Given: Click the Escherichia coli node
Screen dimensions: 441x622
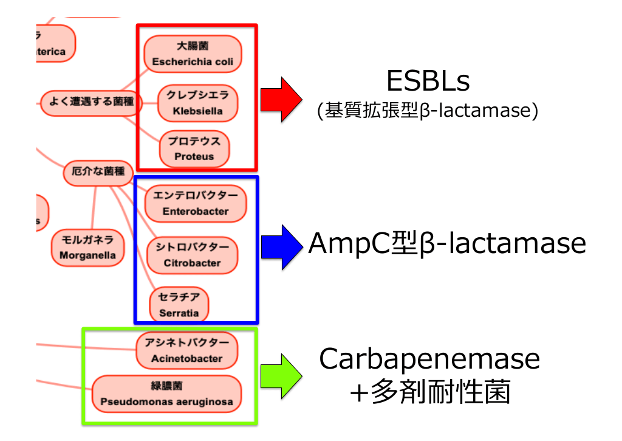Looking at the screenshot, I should (193, 54).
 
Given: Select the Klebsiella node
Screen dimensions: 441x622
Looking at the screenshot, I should (197, 103).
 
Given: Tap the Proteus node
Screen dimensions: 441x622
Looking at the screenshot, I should (194, 149).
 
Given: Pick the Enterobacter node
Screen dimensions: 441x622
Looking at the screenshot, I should (196, 204).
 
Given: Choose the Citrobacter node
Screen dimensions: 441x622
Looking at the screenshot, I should (192, 255).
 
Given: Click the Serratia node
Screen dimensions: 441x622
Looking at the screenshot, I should (179, 305).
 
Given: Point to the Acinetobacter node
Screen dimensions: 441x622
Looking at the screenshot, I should (186, 351).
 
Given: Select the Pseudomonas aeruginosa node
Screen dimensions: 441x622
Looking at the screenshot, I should (166, 394).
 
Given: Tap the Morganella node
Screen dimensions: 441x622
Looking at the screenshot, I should (87, 248).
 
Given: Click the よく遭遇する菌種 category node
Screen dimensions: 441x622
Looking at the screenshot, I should (91, 102).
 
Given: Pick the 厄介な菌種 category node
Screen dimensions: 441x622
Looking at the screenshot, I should (98, 173).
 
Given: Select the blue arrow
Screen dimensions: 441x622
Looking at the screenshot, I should (281, 246).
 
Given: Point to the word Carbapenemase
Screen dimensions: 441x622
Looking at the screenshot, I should (429, 359).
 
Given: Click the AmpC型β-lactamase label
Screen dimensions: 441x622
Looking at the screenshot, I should (447, 244).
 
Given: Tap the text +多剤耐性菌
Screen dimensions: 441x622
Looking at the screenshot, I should (429, 392).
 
